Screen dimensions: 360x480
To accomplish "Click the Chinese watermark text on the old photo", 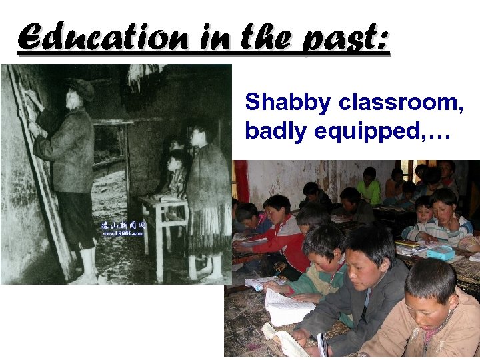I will (x=124, y=227).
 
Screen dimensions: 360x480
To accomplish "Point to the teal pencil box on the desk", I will (x=441, y=253).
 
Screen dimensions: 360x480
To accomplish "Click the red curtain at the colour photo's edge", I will (x=241, y=180).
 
